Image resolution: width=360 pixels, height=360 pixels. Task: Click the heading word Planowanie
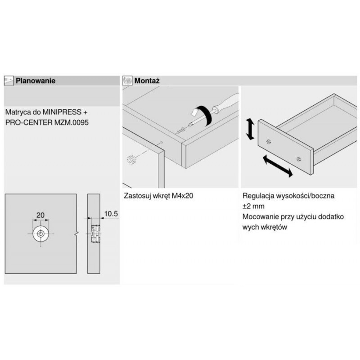click(x=36, y=81)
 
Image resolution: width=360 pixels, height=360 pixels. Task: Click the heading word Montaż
click(x=147, y=81)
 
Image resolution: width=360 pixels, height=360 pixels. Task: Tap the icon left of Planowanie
click(x=9, y=81)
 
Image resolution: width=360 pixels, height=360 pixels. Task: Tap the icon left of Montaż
click(x=127, y=81)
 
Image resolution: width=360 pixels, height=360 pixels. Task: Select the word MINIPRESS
click(x=62, y=112)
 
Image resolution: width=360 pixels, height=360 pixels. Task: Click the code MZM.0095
click(x=72, y=122)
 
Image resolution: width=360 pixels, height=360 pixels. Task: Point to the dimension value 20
click(x=40, y=215)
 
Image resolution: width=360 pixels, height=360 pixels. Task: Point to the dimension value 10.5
click(x=111, y=214)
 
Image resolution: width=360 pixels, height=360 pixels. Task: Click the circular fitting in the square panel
click(x=41, y=234)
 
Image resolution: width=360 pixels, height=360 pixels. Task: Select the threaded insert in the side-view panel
click(x=96, y=234)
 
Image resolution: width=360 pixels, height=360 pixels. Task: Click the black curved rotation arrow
click(x=200, y=115)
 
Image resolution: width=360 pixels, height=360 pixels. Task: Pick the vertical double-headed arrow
click(x=250, y=129)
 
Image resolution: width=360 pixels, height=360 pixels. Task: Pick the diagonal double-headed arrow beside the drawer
click(x=278, y=166)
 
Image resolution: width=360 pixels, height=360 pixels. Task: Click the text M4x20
click(x=182, y=196)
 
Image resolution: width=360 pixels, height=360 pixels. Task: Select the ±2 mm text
click(x=253, y=206)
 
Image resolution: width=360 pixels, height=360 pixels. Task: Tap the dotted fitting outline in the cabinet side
click(x=132, y=160)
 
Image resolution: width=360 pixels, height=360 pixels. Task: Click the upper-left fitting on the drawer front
click(x=269, y=142)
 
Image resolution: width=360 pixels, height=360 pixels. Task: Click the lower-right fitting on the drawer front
click(x=298, y=159)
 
